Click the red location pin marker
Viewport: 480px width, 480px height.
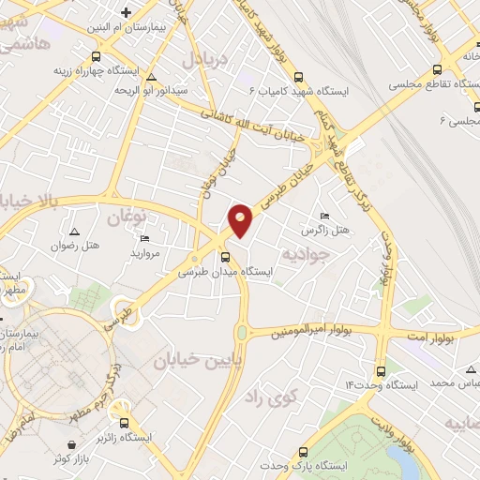(x=241, y=219)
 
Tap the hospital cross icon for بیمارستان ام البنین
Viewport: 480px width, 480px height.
(x=126, y=13)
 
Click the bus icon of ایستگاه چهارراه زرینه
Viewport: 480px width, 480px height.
(x=96, y=56)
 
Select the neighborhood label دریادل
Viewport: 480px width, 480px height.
(x=199, y=59)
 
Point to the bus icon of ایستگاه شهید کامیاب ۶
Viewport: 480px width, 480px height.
(x=298, y=78)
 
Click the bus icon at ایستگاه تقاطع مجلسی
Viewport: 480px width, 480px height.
(x=436, y=69)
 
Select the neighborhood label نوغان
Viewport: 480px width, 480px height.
(x=128, y=217)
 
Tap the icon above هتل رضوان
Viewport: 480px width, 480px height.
(x=74, y=231)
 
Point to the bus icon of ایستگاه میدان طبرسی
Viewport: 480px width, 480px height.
(x=225, y=258)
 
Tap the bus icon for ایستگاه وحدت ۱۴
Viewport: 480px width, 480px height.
(x=380, y=370)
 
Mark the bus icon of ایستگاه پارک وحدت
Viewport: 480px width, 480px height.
(x=306, y=452)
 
